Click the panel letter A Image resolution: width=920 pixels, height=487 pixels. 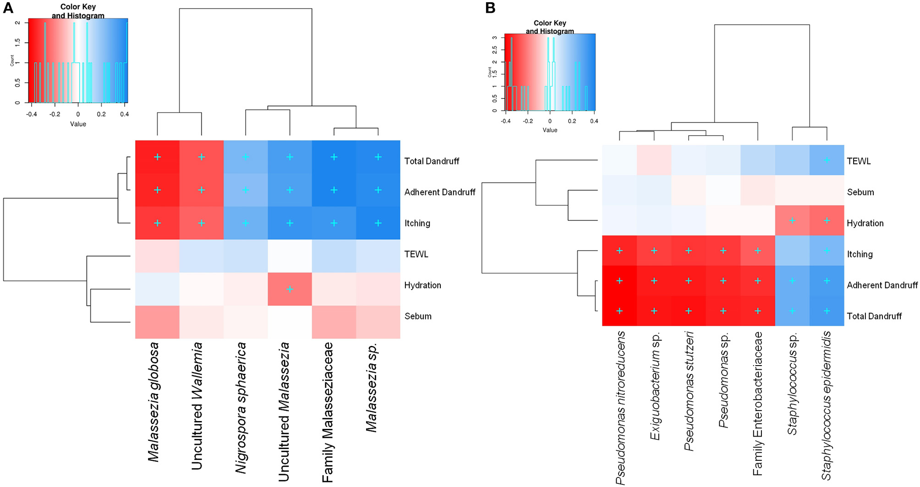(8, 8)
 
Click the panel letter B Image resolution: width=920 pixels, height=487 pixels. (490, 8)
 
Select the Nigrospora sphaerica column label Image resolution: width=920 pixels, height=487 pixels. (241, 407)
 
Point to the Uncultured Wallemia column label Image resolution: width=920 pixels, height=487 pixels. (197, 405)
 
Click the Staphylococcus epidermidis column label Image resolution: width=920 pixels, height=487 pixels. (827, 405)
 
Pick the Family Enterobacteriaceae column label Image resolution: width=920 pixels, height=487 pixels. (758, 403)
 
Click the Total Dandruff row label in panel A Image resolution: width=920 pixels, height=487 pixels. (432, 161)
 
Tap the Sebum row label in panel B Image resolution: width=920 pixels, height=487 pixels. (860, 192)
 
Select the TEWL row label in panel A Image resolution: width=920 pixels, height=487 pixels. (416, 254)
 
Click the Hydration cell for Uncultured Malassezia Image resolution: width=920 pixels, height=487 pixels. (290, 289)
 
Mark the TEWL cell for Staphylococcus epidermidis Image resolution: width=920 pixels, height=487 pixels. (827, 160)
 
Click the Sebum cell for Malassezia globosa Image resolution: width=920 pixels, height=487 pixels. (157, 322)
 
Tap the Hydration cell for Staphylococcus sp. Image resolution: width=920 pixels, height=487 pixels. (792, 220)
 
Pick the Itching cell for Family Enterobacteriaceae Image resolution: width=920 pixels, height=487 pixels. (758, 251)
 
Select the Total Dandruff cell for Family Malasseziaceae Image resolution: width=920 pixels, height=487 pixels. (334, 157)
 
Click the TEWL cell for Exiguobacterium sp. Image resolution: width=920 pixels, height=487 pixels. (654, 160)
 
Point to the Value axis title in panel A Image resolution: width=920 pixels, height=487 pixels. (78, 124)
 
